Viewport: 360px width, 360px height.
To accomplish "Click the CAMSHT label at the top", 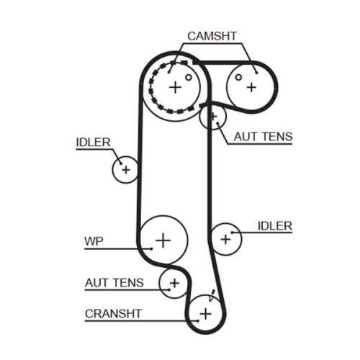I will point(212,35).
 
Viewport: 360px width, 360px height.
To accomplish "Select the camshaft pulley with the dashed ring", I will point(174,87).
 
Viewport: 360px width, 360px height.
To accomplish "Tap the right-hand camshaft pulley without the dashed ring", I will point(251,86).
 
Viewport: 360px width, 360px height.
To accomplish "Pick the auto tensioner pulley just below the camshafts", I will point(212,117).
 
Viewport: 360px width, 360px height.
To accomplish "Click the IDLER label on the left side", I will point(94,143).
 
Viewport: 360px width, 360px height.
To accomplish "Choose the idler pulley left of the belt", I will point(125,169).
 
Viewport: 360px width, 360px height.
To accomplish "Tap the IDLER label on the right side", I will point(275,226).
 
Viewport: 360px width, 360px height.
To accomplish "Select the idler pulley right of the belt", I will point(227,237).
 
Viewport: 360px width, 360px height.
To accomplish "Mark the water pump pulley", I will point(163,238).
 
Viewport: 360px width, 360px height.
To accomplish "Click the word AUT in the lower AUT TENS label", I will point(97,283).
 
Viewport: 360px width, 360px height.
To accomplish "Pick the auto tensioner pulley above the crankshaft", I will point(174,282).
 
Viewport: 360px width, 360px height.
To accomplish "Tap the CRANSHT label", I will point(113,313).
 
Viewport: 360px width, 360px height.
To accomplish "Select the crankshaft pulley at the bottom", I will point(206,313).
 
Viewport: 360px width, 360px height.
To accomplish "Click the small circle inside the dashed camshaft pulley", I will point(188,76).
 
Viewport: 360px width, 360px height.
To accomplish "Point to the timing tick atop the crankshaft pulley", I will point(212,293).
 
